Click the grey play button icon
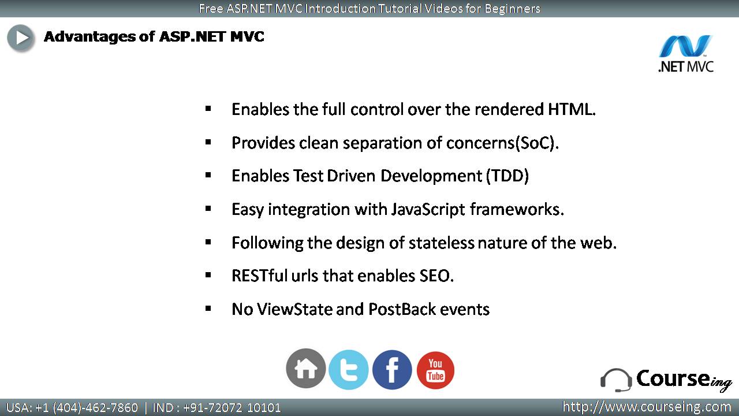[x=21, y=38]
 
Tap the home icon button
[x=306, y=369]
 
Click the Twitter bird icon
[x=349, y=370]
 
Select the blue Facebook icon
[x=392, y=370]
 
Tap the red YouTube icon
[x=435, y=370]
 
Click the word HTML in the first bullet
[x=572, y=109]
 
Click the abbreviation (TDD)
[x=507, y=176]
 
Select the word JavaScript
[x=428, y=210]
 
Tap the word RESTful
[x=259, y=276]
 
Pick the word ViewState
[x=294, y=309]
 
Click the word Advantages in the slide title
[x=89, y=36]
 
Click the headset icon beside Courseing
[x=615, y=380]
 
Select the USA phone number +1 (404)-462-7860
[x=87, y=408]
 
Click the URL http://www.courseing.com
[x=647, y=407]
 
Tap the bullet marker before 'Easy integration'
[x=208, y=209]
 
